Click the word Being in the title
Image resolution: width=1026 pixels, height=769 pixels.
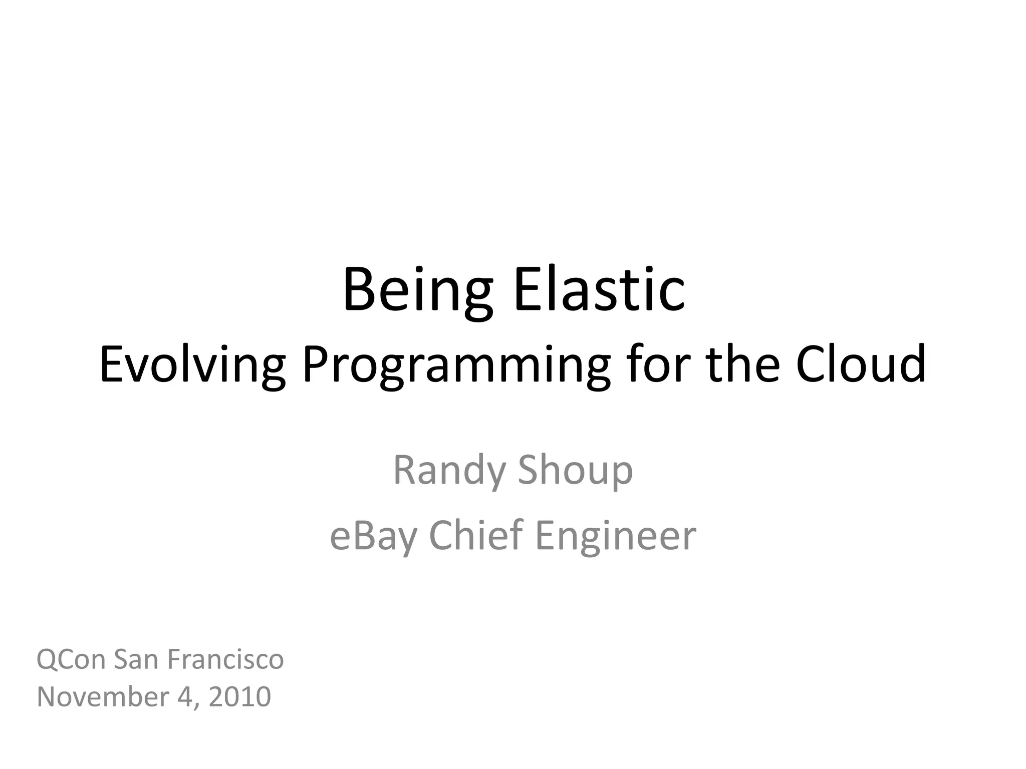pyautogui.click(x=417, y=290)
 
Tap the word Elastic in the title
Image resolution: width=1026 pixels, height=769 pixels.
pyautogui.click(x=599, y=290)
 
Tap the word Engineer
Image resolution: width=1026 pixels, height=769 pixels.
pyautogui.click(x=616, y=535)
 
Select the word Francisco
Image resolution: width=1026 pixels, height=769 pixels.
pyautogui.click(x=225, y=659)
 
